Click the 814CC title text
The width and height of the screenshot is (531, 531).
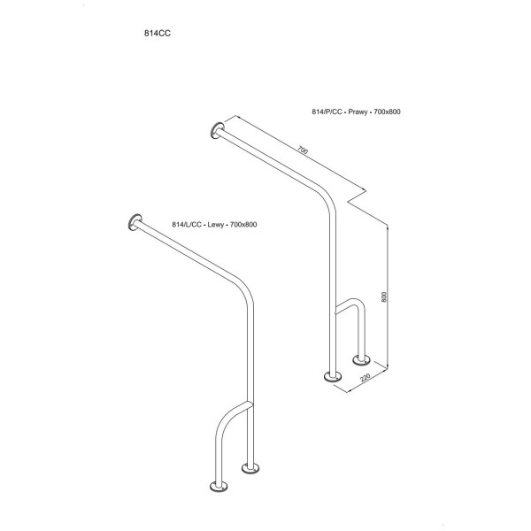158,34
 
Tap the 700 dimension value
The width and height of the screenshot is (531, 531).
303,150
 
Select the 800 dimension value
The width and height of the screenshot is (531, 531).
384,297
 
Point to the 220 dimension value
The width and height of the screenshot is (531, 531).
366,378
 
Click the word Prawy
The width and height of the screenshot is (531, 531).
358,112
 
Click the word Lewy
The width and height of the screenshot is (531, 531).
215,225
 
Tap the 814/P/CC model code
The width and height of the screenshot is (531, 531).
327,112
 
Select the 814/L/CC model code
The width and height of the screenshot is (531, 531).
187,225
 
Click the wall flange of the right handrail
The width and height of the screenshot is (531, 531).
217,131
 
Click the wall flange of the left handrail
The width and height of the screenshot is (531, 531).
135,222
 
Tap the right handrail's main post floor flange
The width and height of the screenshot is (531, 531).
333,376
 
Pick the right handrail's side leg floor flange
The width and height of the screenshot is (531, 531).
361,359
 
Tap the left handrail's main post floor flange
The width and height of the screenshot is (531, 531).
250,468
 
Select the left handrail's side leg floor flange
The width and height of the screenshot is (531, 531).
219,486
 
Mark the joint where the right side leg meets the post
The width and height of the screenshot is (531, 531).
335,311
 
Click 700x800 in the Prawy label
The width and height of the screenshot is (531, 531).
387,112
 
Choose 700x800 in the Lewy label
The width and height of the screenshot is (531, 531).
243,225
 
